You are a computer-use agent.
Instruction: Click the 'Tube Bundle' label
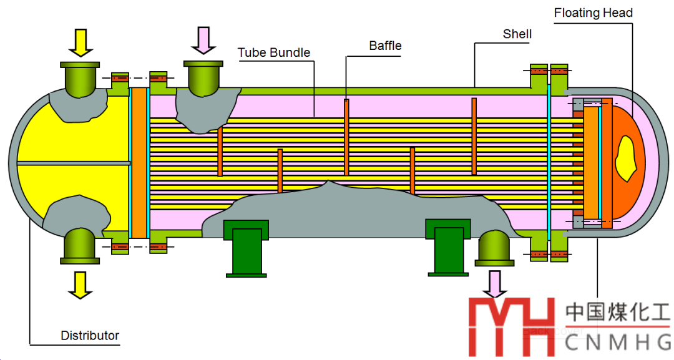pyautogui.click(x=274, y=52)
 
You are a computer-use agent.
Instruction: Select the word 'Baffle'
pyautogui.click(x=385, y=46)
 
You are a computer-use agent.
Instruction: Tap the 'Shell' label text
pyautogui.click(x=517, y=34)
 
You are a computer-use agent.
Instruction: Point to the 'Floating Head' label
pyautogui.click(x=593, y=12)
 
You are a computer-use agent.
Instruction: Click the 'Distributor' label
pyautogui.click(x=90, y=335)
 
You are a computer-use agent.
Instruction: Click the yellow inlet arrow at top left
pyautogui.click(x=80, y=42)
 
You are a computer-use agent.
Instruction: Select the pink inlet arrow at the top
pyautogui.click(x=203, y=40)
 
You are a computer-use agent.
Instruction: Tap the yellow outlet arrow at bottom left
pyautogui.click(x=80, y=285)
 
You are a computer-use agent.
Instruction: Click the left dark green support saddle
pyautogui.click(x=247, y=247)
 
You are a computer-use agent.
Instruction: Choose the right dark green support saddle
pyautogui.click(x=448, y=246)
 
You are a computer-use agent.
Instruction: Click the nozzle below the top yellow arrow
pyautogui.click(x=80, y=77)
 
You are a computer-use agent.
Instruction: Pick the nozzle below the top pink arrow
pyautogui.click(x=203, y=77)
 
